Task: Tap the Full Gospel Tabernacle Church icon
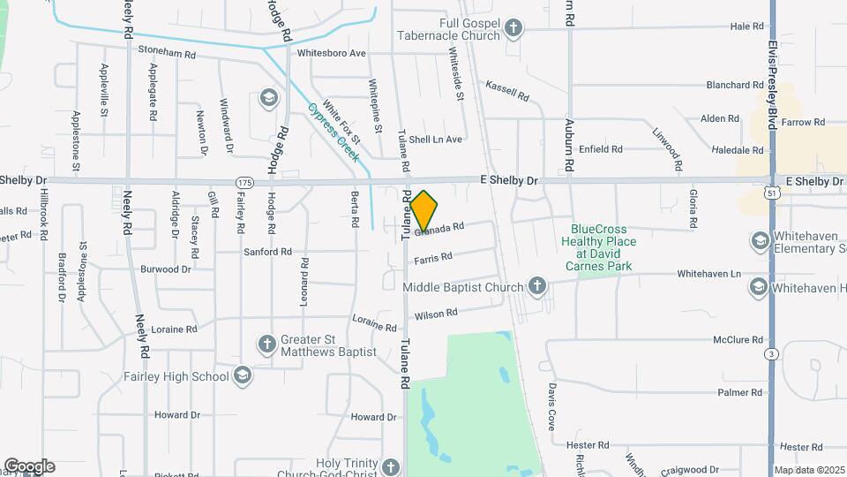click(x=513, y=29)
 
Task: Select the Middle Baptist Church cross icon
click(x=536, y=286)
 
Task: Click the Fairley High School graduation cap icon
click(x=241, y=376)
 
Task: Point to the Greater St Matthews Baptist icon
click(x=266, y=344)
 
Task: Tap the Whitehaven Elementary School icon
click(x=759, y=241)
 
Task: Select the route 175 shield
click(x=244, y=181)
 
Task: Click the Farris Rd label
click(x=432, y=258)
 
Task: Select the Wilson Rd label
click(x=436, y=314)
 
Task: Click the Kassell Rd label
click(x=507, y=90)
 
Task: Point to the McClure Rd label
click(x=738, y=339)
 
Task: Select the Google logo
click(x=29, y=466)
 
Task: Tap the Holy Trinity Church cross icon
click(x=391, y=466)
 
